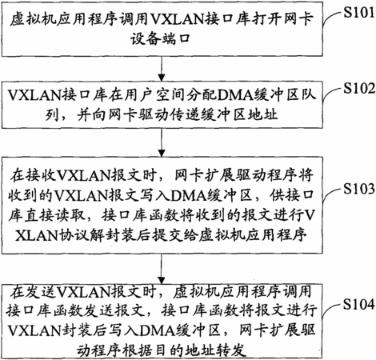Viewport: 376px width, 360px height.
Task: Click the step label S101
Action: [x=358, y=12]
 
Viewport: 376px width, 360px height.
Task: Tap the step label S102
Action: [x=359, y=88]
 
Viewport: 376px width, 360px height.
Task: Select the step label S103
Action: [x=358, y=189]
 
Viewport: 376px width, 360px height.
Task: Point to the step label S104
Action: [x=358, y=304]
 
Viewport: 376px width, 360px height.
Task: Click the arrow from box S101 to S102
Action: [x=162, y=68]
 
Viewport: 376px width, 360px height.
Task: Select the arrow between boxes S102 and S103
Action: [x=162, y=142]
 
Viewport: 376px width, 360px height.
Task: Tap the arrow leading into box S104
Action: [x=162, y=269]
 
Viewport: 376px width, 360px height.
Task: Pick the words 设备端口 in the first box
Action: [x=161, y=39]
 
